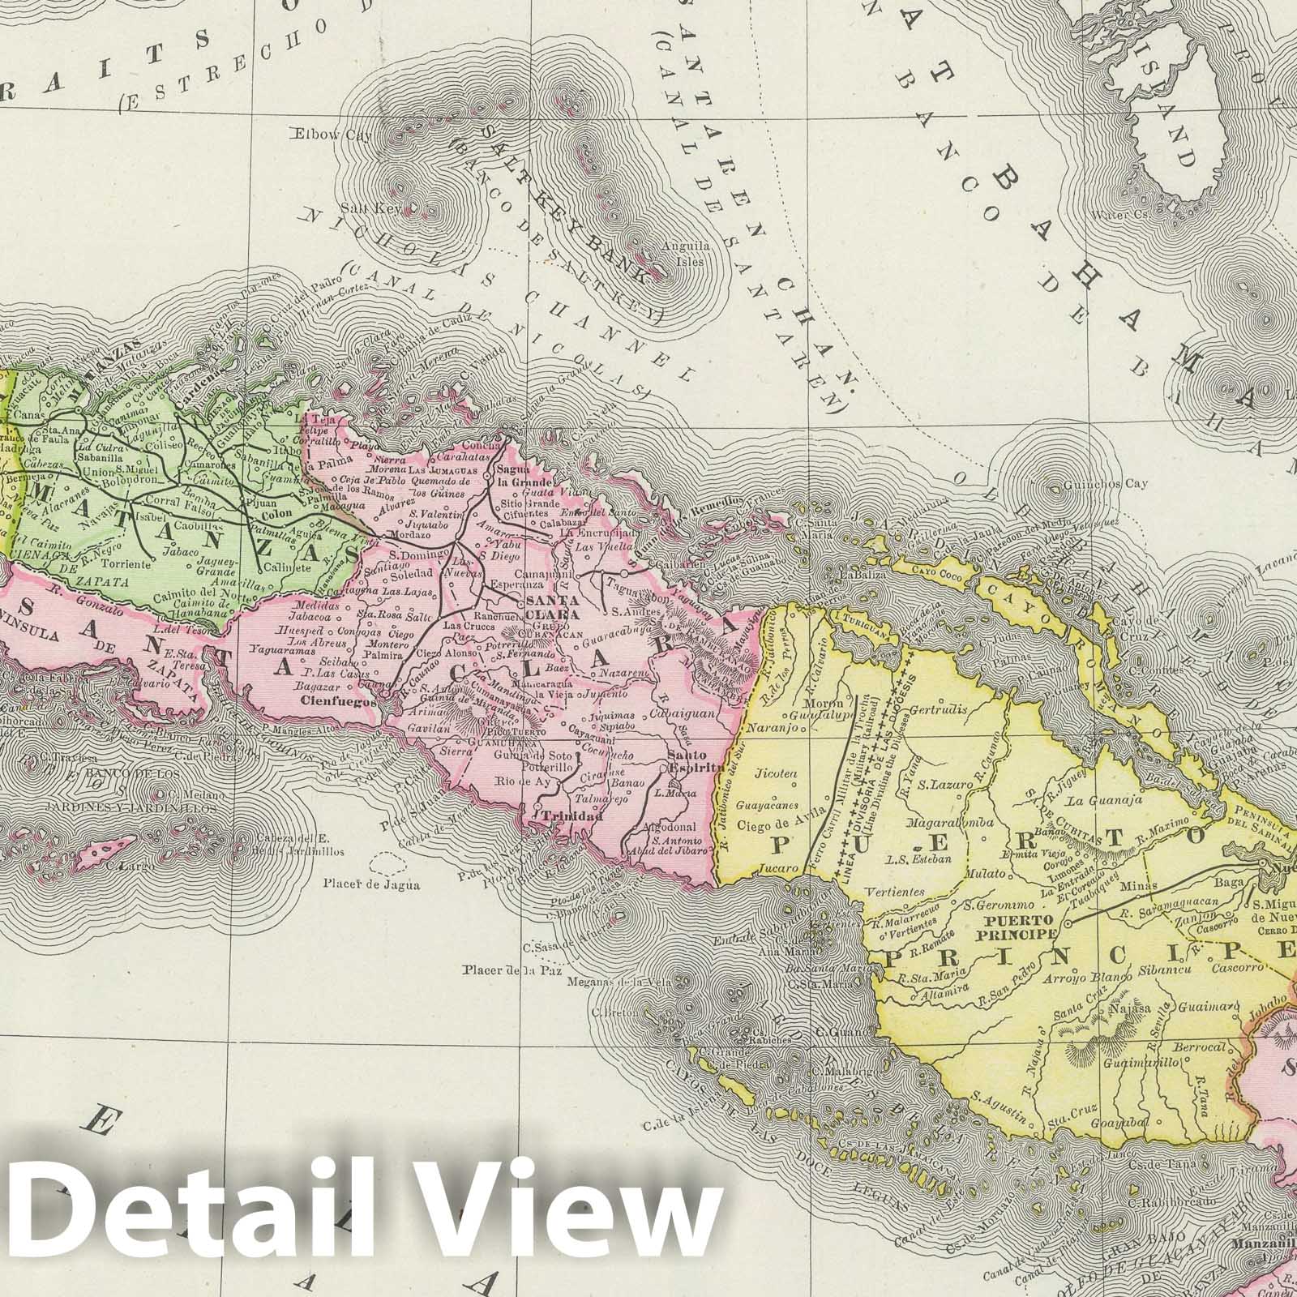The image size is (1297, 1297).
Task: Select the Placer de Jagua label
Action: (371, 884)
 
